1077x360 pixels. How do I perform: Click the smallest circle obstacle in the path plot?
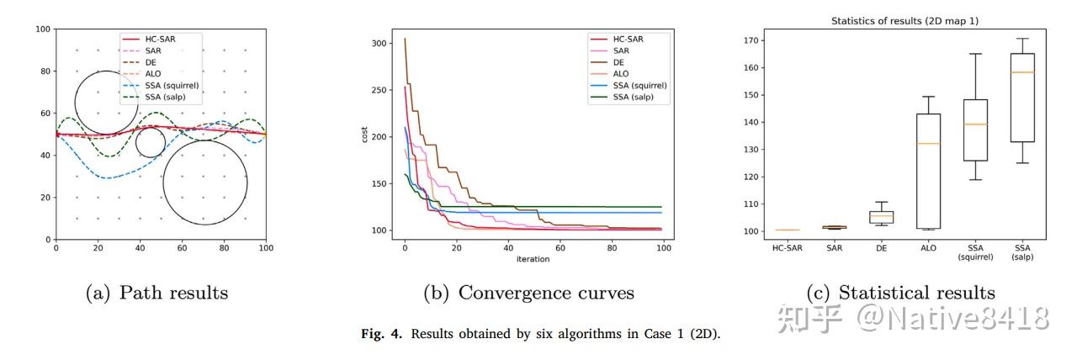pos(151,143)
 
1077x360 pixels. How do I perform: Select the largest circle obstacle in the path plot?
pos(205,183)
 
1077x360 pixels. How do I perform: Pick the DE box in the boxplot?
pos(882,217)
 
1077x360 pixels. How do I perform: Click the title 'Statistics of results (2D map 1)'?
pos(905,20)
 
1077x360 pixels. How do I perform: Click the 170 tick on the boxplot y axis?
pos(755,40)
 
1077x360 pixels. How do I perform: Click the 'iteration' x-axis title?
pos(533,259)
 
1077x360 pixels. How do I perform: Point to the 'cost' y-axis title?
pos(365,135)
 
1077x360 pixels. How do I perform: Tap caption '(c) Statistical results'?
pos(900,293)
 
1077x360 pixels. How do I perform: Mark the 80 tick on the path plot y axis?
pos(44,71)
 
